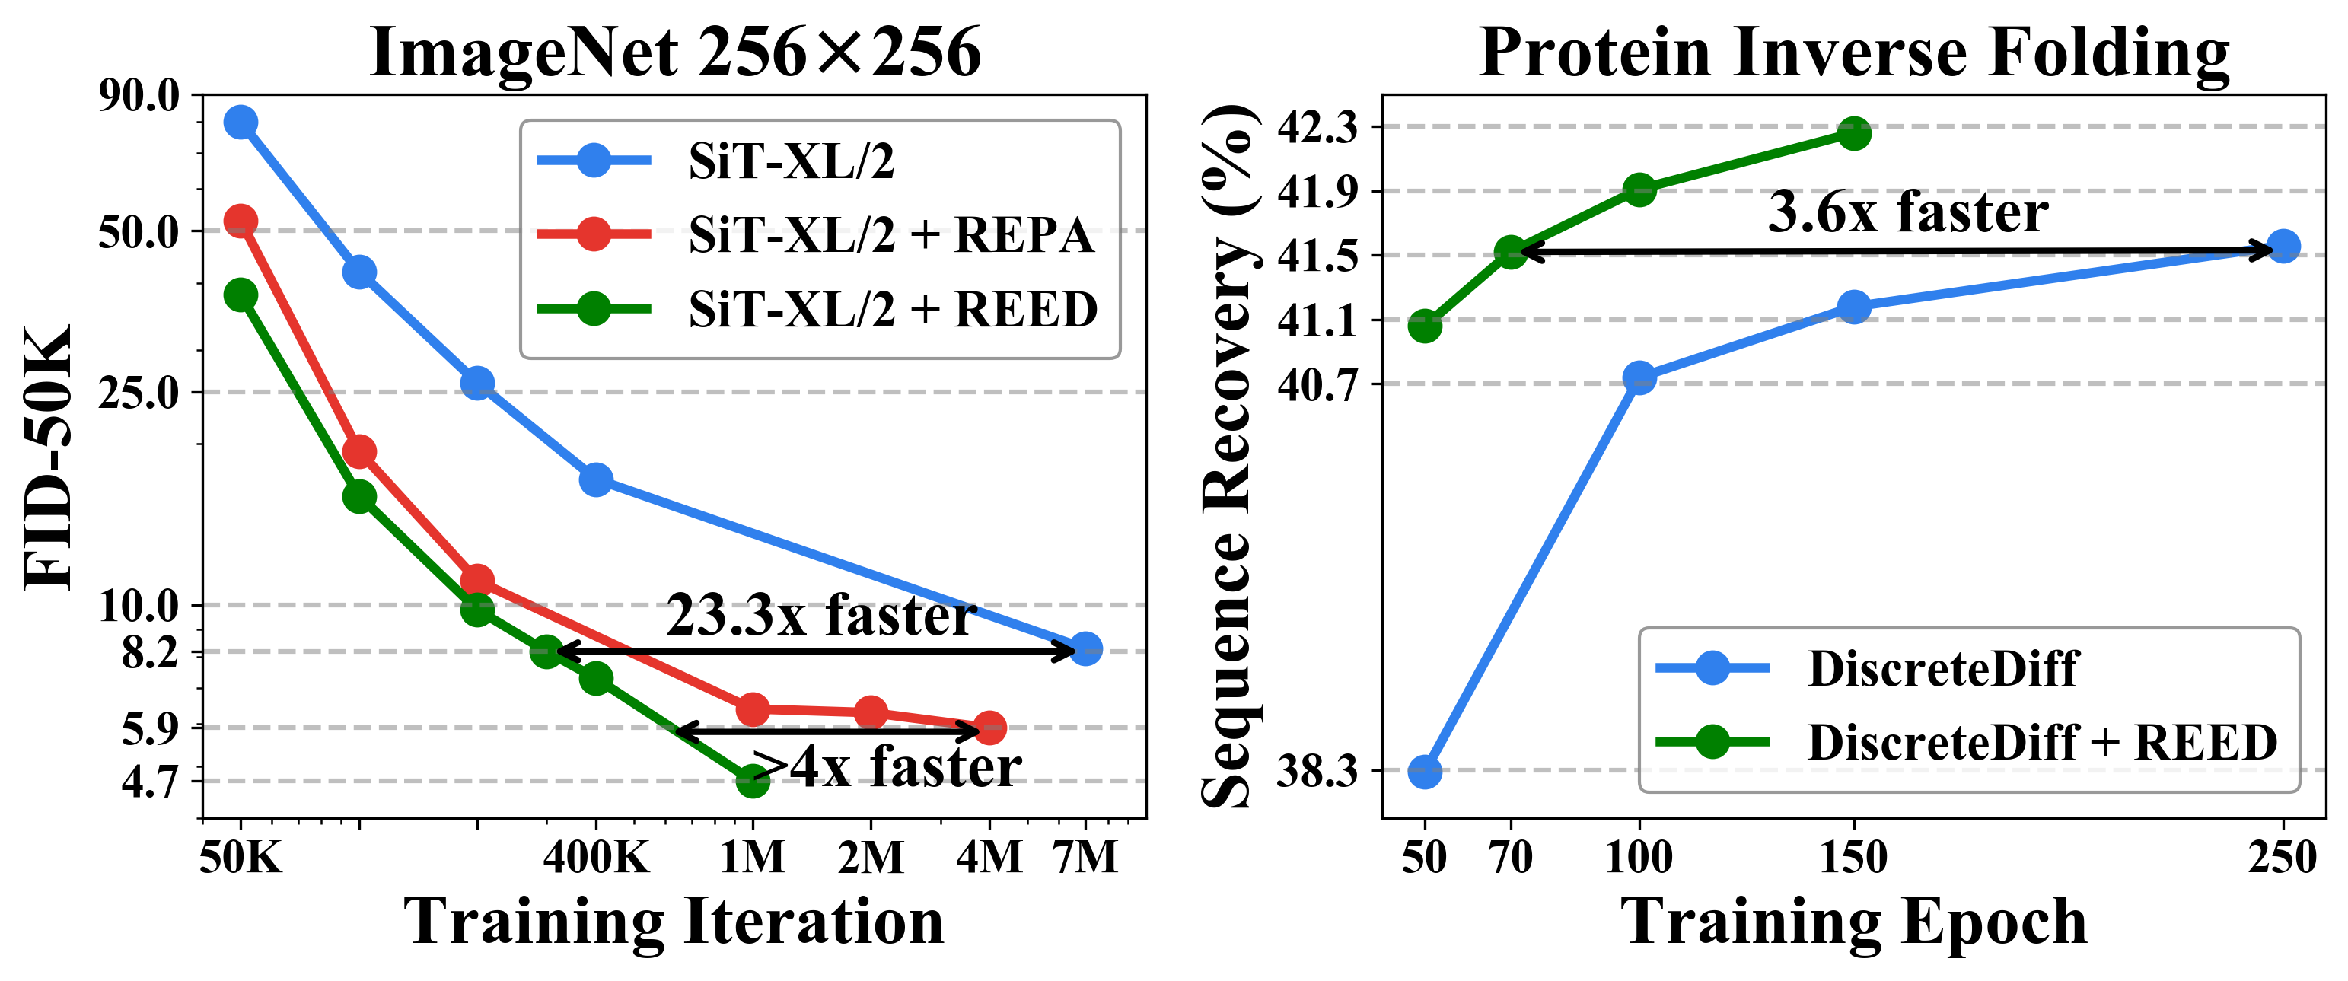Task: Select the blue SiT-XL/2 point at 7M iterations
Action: click(x=1085, y=649)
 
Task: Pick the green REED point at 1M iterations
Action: click(x=752, y=779)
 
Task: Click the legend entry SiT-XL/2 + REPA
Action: click(x=890, y=235)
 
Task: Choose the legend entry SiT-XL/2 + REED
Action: click(x=891, y=309)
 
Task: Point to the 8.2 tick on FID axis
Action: click(x=151, y=653)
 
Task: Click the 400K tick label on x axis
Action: click(x=595, y=858)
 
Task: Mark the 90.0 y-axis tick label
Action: click(x=139, y=96)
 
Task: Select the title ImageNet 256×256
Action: click(x=674, y=53)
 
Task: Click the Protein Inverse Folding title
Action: click(x=1854, y=53)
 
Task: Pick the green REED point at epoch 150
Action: click(x=1854, y=134)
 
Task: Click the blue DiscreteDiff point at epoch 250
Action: click(x=2283, y=246)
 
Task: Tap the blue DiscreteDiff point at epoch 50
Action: click(x=1425, y=771)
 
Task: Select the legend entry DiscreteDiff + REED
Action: click(x=2042, y=742)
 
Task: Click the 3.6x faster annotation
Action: click(x=1909, y=212)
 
